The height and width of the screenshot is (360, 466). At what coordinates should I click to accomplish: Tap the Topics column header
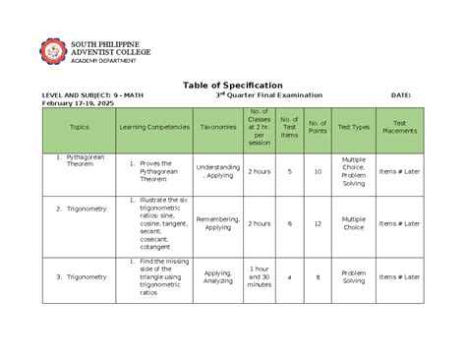pos(79,127)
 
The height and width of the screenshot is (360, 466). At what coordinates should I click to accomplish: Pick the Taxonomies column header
pos(217,127)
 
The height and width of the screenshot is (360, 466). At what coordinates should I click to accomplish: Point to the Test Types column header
pos(353,127)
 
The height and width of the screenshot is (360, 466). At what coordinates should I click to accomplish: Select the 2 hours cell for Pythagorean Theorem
pos(260,171)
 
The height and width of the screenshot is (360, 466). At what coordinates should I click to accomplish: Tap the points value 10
pos(318,171)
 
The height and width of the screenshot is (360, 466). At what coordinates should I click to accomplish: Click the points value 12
pos(318,223)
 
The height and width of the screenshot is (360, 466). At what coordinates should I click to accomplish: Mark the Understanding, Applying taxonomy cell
pos(217,171)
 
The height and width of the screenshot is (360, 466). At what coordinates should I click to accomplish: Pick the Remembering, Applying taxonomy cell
pos(217,223)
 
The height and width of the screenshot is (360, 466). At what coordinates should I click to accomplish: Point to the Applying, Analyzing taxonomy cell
pos(217,277)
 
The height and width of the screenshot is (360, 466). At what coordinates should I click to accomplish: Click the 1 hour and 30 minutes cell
pos(260,277)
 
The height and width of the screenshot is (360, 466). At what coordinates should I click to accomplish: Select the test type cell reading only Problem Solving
pos(353,277)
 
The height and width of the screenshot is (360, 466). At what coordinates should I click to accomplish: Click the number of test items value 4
pos(289,277)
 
